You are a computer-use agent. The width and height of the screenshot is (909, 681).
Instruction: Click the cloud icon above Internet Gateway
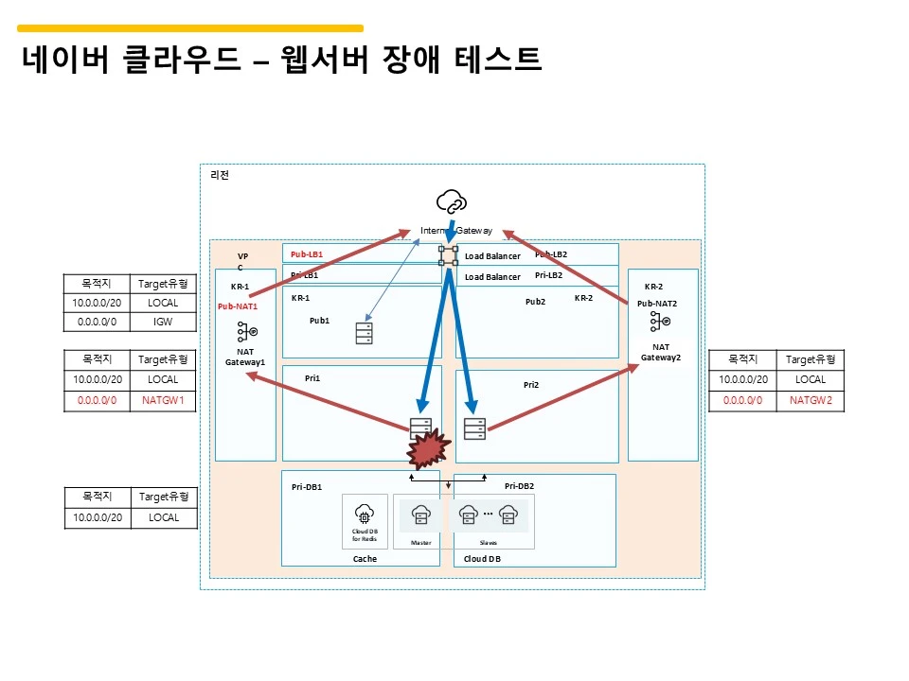tap(452, 201)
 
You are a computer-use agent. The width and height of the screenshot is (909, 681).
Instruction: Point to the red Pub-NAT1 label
tap(238, 306)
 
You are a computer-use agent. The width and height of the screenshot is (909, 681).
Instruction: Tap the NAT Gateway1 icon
tap(246, 332)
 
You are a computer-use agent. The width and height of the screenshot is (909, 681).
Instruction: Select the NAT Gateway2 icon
tap(660, 323)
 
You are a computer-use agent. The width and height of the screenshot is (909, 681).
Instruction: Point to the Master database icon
tap(421, 515)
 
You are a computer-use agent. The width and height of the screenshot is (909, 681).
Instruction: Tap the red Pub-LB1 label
tap(307, 254)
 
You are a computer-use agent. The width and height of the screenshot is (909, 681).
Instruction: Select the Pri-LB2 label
tap(548, 275)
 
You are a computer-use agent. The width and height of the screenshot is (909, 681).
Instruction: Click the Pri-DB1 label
tap(307, 487)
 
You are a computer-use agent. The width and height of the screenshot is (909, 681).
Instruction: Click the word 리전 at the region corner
tap(219, 175)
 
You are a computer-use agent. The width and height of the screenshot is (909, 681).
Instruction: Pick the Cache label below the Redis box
tap(365, 559)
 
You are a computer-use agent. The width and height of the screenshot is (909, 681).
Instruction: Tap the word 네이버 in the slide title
tap(62, 61)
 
